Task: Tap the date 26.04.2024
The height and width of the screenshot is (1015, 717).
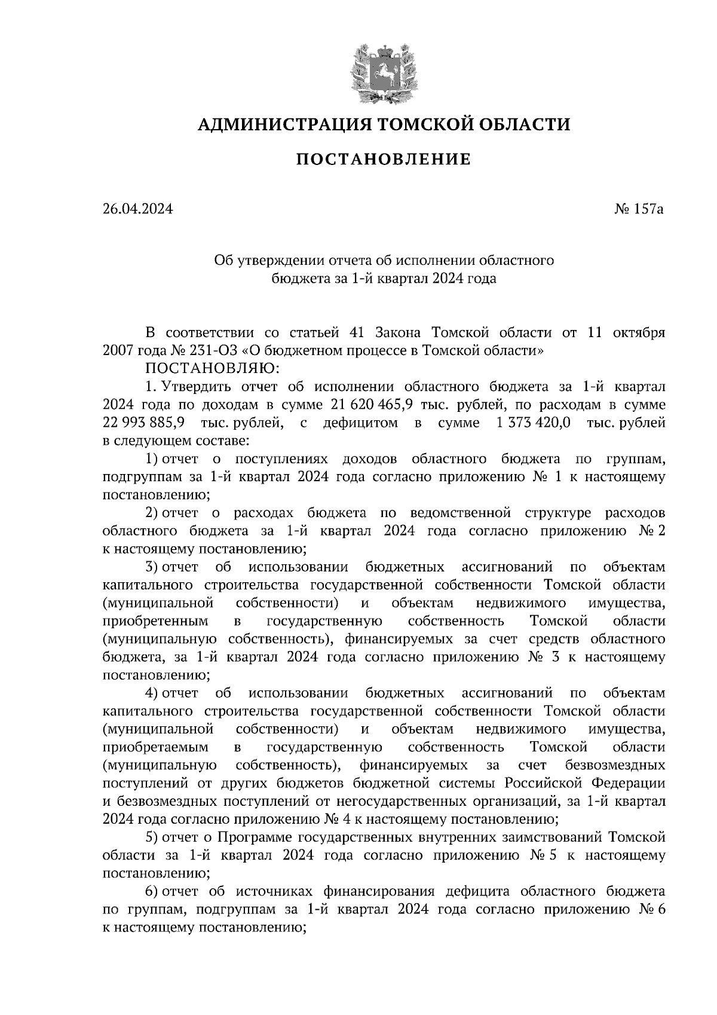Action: coord(137,210)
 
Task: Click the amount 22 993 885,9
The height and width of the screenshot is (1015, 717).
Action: coord(143,423)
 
